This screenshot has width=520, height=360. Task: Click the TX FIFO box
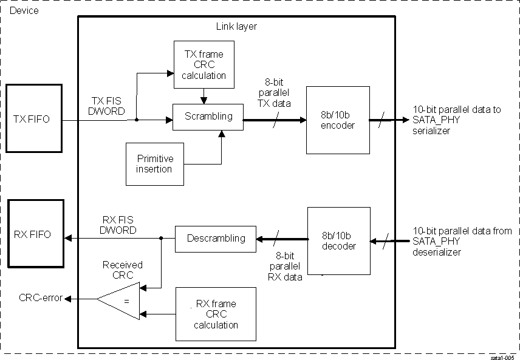pyautogui.click(x=33, y=120)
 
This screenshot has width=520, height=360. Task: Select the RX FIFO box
pyautogui.click(x=33, y=234)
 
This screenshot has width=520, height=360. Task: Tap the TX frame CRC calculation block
pyautogui.click(x=204, y=64)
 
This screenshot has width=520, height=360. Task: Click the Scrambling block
pyautogui.click(x=208, y=116)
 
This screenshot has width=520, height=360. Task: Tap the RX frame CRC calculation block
pyautogui.click(x=216, y=314)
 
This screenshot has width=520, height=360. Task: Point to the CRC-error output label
pyautogui.click(x=41, y=298)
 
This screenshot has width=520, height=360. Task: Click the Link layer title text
pyautogui.click(x=236, y=26)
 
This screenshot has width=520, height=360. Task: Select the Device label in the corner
pyautogui.click(x=24, y=10)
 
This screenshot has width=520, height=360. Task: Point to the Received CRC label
pyautogui.click(x=122, y=270)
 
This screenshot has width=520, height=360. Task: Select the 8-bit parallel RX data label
pyautogui.click(x=281, y=267)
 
